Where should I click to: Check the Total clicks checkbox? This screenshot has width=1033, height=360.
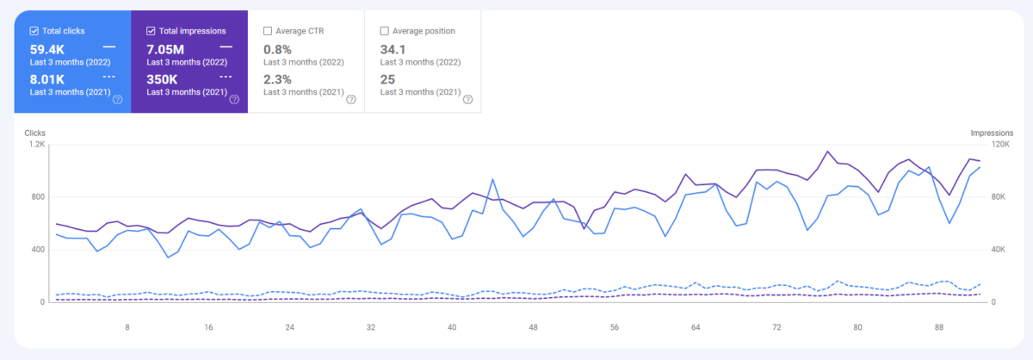click(34, 31)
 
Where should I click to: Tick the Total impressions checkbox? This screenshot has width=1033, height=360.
click(151, 31)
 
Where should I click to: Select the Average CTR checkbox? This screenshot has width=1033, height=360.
click(268, 31)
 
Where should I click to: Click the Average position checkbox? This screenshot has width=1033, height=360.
click(384, 31)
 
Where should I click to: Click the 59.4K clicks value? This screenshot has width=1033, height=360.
click(47, 49)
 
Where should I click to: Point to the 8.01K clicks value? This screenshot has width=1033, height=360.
click(47, 79)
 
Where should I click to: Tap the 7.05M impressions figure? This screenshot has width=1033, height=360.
click(165, 49)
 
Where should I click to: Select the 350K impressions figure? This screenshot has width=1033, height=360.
click(162, 79)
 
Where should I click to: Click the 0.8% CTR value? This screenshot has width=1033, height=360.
click(277, 49)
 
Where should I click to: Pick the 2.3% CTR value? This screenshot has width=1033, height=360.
click(277, 79)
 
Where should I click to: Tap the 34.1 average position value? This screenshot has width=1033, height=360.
click(393, 49)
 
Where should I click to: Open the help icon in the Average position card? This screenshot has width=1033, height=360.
click(467, 99)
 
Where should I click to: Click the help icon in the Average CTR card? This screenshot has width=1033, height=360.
click(351, 99)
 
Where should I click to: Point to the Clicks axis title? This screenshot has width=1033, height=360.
click(35, 133)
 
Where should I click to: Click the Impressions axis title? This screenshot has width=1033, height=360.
click(992, 133)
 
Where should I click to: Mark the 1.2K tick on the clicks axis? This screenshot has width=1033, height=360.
click(37, 145)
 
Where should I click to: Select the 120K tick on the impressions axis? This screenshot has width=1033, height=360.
click(1000, 145)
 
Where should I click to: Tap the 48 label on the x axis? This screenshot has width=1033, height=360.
click(533, 327)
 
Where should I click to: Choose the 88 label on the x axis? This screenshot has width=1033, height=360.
click(939, 327)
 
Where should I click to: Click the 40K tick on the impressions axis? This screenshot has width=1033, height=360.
click(999, 250)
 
